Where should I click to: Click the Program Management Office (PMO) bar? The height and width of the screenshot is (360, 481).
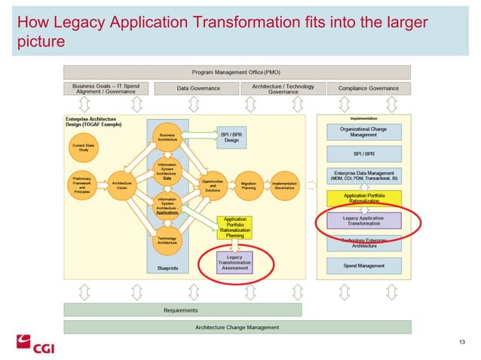point(237,72)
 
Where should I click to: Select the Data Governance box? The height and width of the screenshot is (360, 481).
point(198,89)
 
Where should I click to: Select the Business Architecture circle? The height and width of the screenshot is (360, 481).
point(167,137)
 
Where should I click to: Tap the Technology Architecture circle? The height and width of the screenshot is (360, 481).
point(167,240)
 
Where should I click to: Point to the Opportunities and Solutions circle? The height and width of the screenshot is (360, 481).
point(212,185)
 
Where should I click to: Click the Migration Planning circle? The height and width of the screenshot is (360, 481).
point(248,185)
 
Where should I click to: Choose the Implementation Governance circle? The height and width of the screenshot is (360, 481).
point(284,185)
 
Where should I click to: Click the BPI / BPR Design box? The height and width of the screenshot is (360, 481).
point(231,137)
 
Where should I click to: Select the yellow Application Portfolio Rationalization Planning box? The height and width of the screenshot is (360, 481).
point(235,228)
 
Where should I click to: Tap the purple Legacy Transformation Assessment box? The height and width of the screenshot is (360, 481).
point(235,262)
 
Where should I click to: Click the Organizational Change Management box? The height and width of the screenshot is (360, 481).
point(364,132)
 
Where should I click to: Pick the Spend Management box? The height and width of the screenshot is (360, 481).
point(364,265)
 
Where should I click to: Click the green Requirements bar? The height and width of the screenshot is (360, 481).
point(181,310)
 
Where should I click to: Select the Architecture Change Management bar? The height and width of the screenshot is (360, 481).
point(237,327)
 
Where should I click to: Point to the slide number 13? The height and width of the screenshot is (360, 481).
point(461,343)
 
